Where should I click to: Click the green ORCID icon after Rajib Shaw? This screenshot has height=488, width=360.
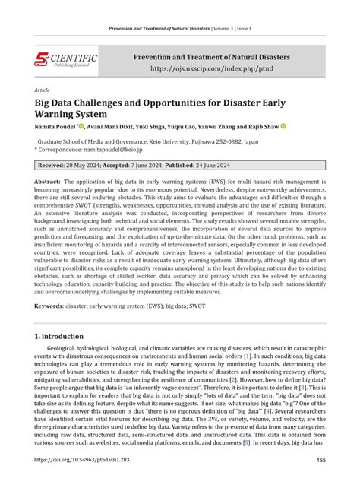[283, 126]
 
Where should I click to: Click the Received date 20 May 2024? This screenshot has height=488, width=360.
[90, 165]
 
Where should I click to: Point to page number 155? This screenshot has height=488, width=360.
[321, 460]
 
